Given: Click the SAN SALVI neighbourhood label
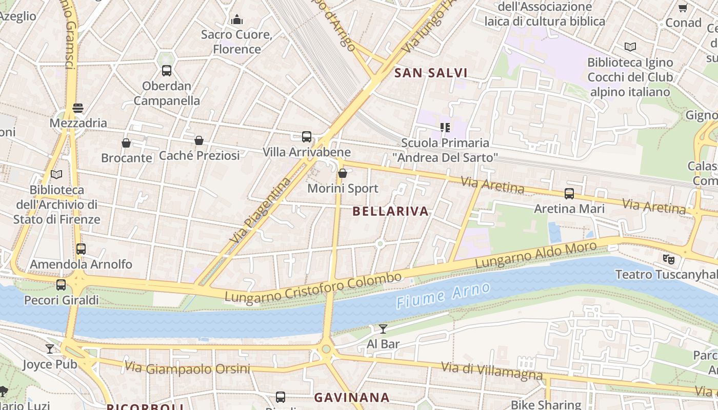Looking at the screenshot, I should coord(431,73).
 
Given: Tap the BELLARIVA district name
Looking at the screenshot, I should coord(391,211).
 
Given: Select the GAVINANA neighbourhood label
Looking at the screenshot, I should coord(352,397).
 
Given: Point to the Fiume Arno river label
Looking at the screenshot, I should coord(443,296).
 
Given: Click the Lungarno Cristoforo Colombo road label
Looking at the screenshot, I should coord(313,288).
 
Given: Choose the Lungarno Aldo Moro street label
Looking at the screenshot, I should coord(536,255).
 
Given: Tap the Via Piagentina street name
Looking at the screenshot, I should coord(261,210).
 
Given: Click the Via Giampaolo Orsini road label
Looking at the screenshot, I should coord(187,368).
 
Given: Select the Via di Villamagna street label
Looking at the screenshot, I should coord(492,371).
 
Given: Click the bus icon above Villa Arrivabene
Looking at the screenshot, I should coord(307,137).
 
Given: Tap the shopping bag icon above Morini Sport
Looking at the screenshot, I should coord(343,174).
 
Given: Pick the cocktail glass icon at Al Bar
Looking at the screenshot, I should coord(383,329).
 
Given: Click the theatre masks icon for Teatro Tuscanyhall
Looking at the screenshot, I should coord(668,259).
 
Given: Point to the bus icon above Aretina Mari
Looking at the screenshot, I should coord(569,194).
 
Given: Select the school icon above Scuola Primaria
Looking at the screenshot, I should coord(445,127).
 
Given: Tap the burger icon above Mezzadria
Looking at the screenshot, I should coord(78,108).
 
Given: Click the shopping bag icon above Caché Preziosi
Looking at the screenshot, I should coord(199,140).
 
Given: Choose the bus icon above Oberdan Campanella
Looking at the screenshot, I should coord(167,71).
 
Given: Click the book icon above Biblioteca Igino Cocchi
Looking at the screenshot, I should coord(630,47).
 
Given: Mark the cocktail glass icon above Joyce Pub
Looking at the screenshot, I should coord(50,349).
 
